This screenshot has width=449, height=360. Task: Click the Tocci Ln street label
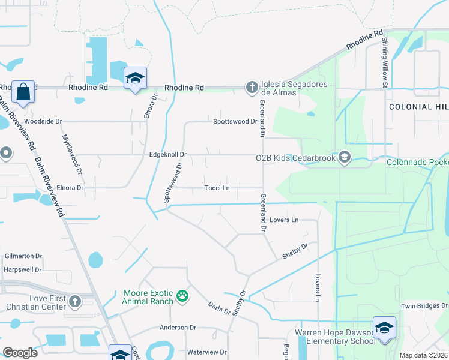click(217, 188)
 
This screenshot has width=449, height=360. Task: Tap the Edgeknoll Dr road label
click(169, 155)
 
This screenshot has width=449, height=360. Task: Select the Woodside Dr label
click(43, 121)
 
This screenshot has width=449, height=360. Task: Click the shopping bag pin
click(23, 93)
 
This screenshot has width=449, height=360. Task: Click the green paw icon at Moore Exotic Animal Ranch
click(182, 296)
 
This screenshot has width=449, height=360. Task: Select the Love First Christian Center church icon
click(75, 301)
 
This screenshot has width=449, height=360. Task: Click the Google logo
click(20, 352)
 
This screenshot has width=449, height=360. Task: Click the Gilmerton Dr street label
click(23, 256)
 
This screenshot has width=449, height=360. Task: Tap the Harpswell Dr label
click(22, 269)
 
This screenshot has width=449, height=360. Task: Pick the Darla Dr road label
click(219, 308)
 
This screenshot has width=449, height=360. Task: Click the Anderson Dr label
click(178, 328)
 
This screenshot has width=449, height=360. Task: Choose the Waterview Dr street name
click(206, 352)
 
